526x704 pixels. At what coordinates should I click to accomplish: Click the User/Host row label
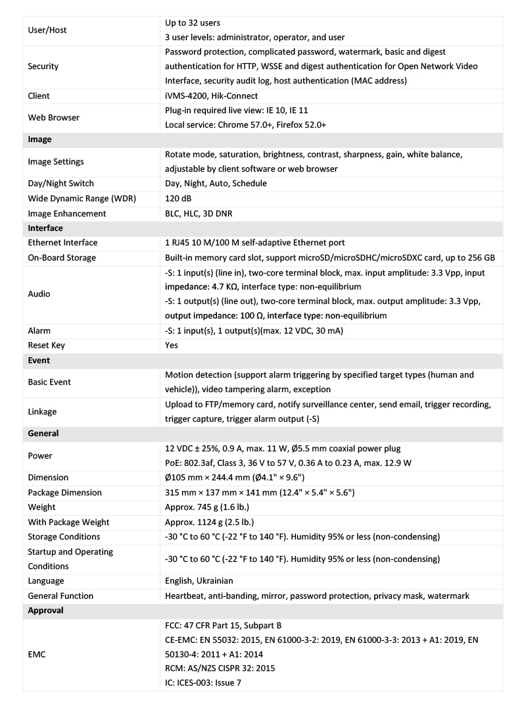[47, 30]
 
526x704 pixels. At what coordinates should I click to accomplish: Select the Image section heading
[39, 139]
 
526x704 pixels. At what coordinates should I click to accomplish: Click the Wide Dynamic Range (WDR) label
[82, 199]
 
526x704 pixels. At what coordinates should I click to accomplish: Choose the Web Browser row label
[53, 118]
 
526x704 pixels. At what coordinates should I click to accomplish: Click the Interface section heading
[45, 228]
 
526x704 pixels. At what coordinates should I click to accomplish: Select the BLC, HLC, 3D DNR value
[199, 214]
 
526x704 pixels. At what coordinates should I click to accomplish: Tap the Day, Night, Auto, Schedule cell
[216, 184]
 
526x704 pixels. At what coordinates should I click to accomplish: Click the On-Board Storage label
[62, 258]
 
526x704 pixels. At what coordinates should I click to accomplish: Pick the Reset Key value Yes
[172, 345]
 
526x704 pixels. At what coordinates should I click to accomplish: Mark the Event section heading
[39, 361]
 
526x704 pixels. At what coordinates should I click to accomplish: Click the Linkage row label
[42, 412]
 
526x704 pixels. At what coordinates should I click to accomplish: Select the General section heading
[43, 434]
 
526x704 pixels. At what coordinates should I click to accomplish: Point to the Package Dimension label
[64, 493]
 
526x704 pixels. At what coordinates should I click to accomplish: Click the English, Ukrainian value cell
[199, 581]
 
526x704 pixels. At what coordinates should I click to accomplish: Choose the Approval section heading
[46, 611]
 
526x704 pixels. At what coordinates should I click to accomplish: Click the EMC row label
[37, 655]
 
